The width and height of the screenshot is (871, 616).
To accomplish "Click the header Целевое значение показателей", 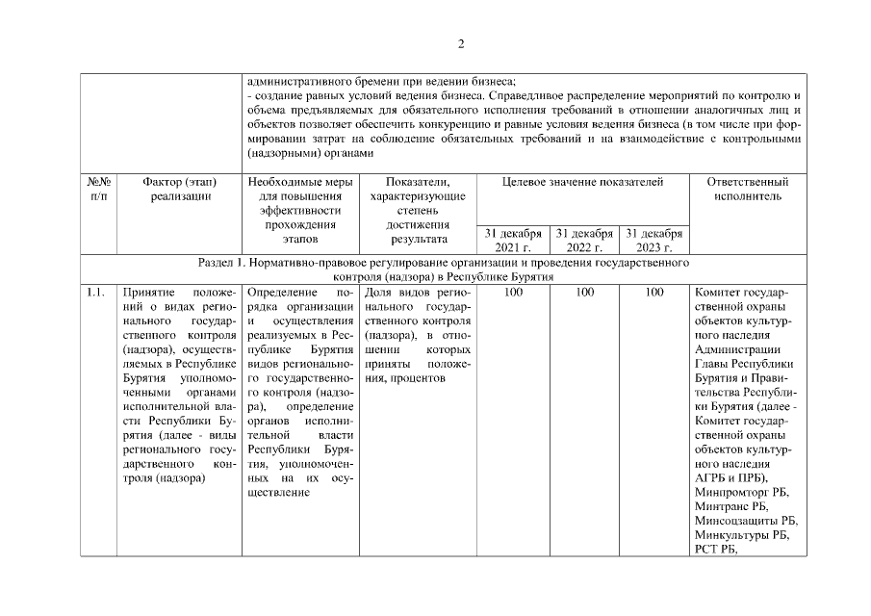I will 583,182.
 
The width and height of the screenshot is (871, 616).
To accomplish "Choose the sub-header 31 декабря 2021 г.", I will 512,240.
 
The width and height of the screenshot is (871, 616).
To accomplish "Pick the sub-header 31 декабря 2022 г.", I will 584,240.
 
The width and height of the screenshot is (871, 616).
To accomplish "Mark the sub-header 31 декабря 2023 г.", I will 654,240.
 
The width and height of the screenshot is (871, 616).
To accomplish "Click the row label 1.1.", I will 95,292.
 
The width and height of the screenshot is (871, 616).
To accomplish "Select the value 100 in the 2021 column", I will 513,292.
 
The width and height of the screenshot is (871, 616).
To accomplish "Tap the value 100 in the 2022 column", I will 584,292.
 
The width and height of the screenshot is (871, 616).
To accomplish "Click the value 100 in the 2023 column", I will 654,292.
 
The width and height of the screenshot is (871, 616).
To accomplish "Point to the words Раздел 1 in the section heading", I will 221,262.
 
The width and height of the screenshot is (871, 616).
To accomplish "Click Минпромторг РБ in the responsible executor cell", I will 740,492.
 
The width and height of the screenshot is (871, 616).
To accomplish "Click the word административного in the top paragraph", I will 295,81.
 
